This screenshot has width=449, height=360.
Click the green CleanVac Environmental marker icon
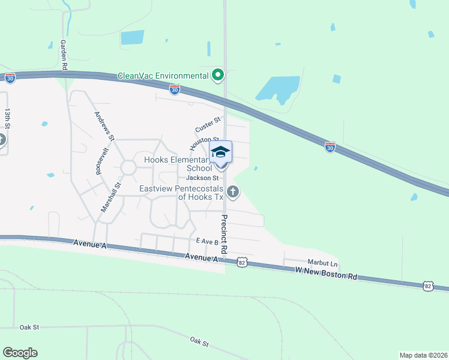[218, 76]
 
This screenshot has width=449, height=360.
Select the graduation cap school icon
[220, 152]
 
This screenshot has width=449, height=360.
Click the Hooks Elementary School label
[177, 164]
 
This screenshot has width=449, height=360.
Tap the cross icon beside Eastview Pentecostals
[233, 192]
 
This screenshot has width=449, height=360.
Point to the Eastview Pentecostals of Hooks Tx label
[181, 192]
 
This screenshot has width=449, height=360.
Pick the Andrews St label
[103, 125]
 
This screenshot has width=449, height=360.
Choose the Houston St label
[204, 143]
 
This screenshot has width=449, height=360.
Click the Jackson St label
[202, 178]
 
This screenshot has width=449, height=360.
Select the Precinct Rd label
[224, 233]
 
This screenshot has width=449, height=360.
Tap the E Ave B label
[206, 241]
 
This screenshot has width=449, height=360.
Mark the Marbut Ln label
[323, 263]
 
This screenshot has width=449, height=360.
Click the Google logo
[20, 353]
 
